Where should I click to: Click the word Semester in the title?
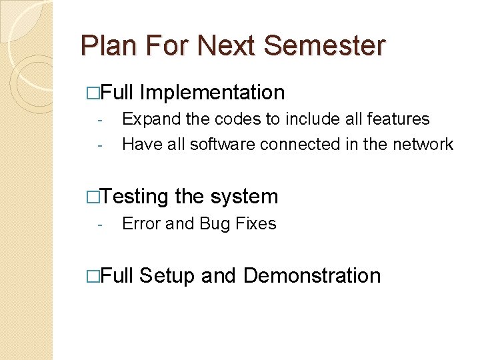click(324, 45)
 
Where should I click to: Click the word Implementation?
click(213, 93)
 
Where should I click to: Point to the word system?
click(244, 197)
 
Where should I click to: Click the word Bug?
click(214, 225)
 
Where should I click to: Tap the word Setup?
click(167, 276)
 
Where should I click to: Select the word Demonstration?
click(312, 275)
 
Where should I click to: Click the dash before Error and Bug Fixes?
click(98, 225)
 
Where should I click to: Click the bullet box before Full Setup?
click(93, 276)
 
